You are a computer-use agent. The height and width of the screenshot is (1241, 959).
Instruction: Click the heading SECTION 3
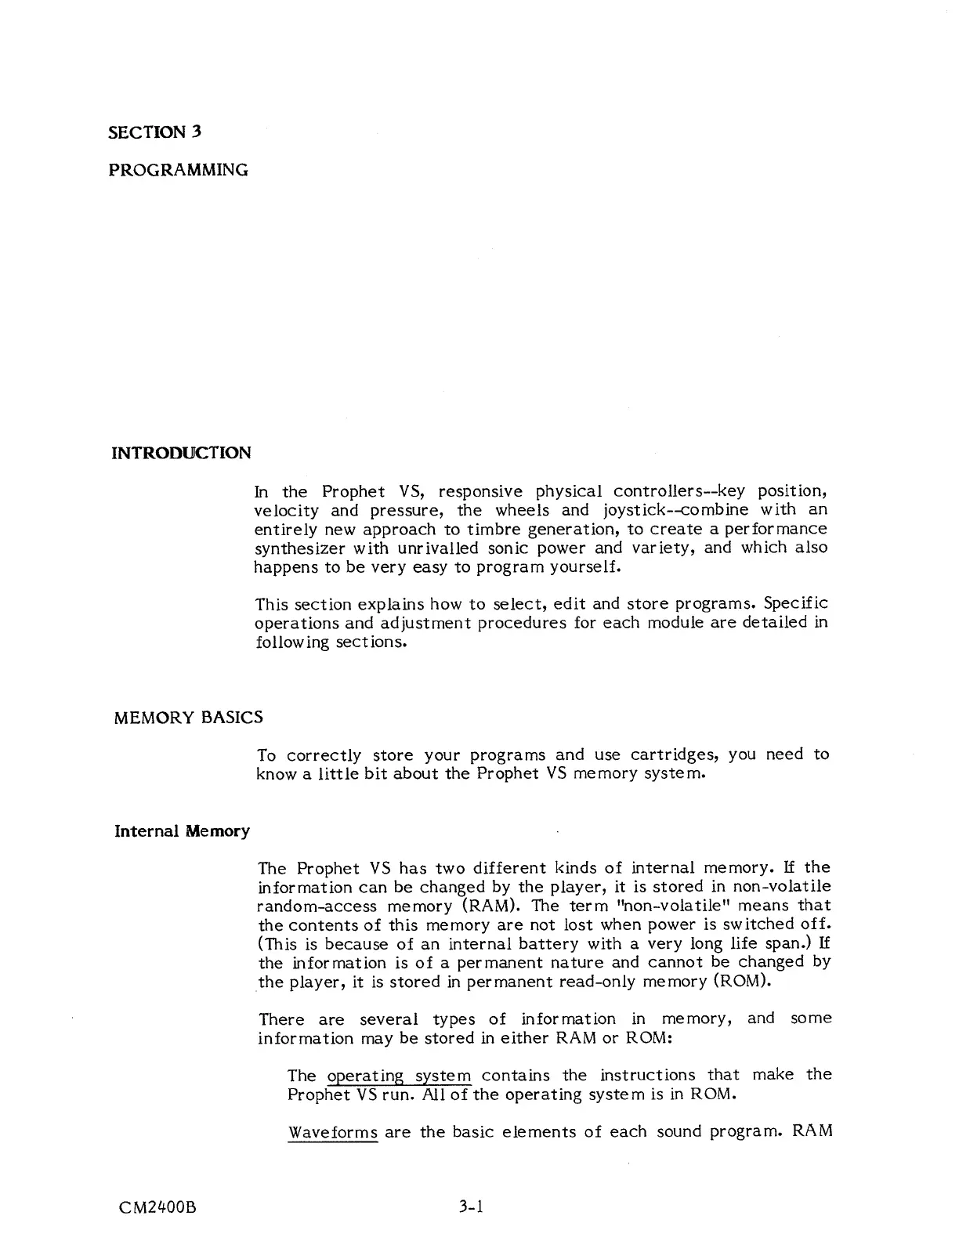click(x=154, y=132)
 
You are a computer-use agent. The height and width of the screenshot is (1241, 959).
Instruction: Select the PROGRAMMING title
click(x=178, y=169)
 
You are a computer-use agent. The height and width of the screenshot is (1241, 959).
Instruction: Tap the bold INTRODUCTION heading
click(x=182, y=453)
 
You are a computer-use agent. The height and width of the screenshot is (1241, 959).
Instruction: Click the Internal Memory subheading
click(x=182, y=830)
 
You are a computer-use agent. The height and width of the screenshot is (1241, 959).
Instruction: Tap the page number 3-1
click(x=472, y=1207)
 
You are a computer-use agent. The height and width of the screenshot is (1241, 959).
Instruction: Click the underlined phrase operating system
click(x=399, y=1075)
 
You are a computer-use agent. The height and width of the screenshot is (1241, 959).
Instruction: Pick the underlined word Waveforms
click(x=332, y=1132)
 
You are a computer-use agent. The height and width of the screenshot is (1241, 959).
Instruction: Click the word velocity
click(x=287, y=510)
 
